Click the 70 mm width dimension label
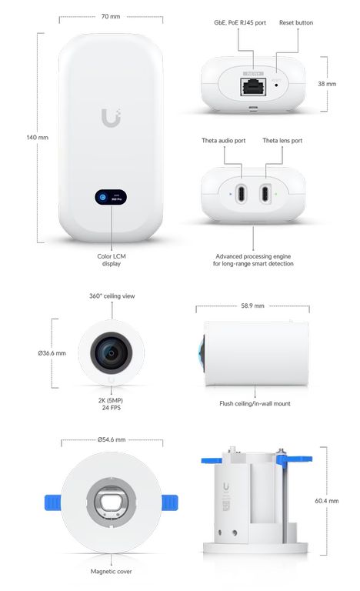[x=111, y=17]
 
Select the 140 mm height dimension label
[x=38, y=138]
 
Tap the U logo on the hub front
[x=111, y=118]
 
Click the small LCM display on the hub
[x=111, y=197]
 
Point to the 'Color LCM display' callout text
[x=112, y=259]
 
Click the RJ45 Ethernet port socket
[x=253, y=87]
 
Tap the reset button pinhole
[x=276, y=85]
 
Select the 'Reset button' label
[x=296, y=22]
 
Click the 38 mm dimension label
[x=327, y=84]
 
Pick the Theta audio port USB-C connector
[x=242, y=194]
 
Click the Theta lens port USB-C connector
[x=265, y=194]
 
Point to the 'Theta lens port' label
[x=282, y=141]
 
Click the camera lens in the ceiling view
[x=112, y=352]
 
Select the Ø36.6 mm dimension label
[x=52, y=353]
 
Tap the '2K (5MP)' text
[x=111, y=400]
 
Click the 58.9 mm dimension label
[x=252, y=306]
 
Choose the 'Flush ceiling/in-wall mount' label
[x=255, y=404]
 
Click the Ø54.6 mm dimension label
[x=112, y=439]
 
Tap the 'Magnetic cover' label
[x=112, y=572]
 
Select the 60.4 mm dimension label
[x=326, y=501]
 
